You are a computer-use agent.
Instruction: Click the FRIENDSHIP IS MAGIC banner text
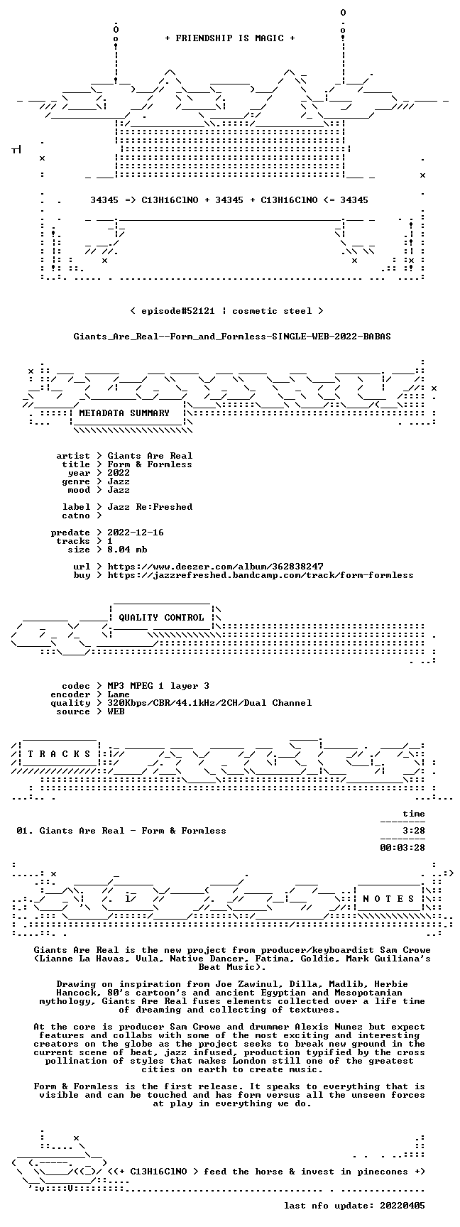point(230,38)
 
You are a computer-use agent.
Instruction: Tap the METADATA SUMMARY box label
point(124,413)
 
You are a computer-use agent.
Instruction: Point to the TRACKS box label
point(59,754)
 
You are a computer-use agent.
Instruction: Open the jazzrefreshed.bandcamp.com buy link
point(261,575)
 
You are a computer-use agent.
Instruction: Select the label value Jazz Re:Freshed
point(150,507)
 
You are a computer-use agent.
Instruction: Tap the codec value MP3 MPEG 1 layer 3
point(158,686)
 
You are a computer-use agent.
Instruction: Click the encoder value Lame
point(119,694)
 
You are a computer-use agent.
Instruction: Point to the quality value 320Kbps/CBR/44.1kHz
point(161,703)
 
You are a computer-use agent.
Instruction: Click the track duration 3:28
point(414,831)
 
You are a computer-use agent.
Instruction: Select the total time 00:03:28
point(402,848)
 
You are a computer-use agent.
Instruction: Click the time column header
point(414,814)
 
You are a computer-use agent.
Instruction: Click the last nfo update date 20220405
point(402,1206)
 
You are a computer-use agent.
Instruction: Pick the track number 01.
point(22,831)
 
